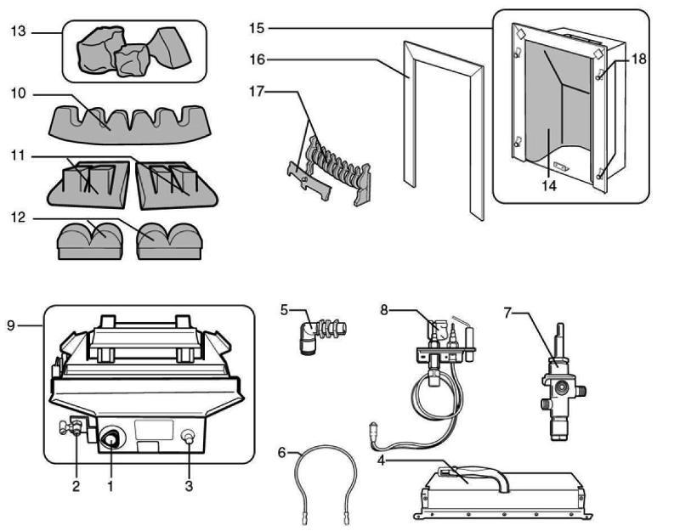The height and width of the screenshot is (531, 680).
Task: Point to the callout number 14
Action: (x=549, y=184)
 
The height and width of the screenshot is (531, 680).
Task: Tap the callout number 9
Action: (x=10, y=325)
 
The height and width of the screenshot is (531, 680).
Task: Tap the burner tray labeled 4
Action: (x=501, y=493)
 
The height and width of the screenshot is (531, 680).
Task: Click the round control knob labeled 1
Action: (x=111, y=438)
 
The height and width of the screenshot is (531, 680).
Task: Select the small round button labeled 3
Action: (x=190, y=438)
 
